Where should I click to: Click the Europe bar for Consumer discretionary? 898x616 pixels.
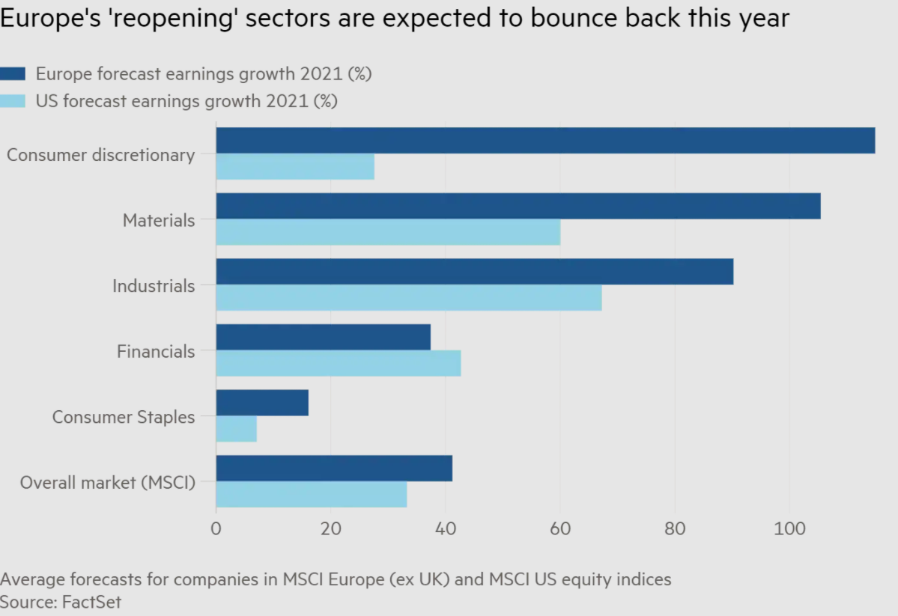tap(545, 141)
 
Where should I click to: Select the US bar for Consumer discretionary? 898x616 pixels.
tap(295, 167)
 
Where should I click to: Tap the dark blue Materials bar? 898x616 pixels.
tap(518, 206)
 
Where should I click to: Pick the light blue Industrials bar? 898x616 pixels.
tap(409, 298)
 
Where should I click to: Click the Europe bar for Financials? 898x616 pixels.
tap(324, 337)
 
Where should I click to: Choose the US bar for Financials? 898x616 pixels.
tap(339, 364)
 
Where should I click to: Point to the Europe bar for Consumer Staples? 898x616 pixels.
tap(262, 403)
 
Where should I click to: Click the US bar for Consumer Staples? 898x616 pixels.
tap(237, 429)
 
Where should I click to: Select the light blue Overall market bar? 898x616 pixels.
tap(312, 495)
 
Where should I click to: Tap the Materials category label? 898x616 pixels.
tap(159, 220)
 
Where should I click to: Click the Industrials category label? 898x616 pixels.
tap(154, 286)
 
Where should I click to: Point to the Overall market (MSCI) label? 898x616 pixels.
tap(107, 483)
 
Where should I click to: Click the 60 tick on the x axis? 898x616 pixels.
tap(559, 528)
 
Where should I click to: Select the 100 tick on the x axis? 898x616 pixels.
tap(789, 528)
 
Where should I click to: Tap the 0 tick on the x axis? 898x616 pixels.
tap(216, 528)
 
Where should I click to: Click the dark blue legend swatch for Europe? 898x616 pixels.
tap(13, 73)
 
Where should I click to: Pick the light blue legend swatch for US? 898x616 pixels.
tap(13, 100)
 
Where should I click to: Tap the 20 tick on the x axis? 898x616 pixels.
tap(330, 528)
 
